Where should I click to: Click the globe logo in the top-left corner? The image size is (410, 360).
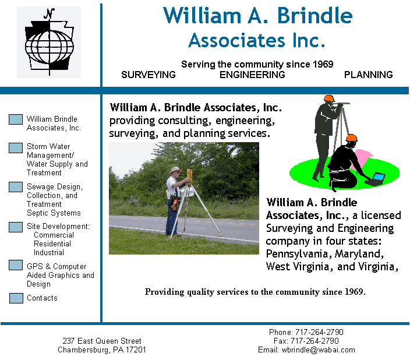49,42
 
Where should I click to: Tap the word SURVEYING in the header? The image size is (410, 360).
149,75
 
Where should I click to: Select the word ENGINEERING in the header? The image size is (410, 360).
252,75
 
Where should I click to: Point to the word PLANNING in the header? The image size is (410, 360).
368,75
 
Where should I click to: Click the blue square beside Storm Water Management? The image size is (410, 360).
16,148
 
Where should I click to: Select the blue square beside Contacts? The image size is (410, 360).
16,298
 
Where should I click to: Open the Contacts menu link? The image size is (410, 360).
42,298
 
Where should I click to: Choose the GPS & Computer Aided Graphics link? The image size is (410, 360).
61,275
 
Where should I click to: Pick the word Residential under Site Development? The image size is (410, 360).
52,244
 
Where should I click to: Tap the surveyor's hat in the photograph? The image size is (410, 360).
175,170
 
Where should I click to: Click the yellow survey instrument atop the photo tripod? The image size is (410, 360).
190,176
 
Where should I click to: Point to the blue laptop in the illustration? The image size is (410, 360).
378,178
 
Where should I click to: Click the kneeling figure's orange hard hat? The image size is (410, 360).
351,138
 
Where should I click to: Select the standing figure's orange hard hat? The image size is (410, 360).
329,98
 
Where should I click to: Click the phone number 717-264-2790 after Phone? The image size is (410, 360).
319,332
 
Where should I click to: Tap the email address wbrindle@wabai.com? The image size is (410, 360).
318,350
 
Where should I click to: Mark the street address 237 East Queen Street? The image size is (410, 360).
102,341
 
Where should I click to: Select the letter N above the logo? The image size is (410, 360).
49,13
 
